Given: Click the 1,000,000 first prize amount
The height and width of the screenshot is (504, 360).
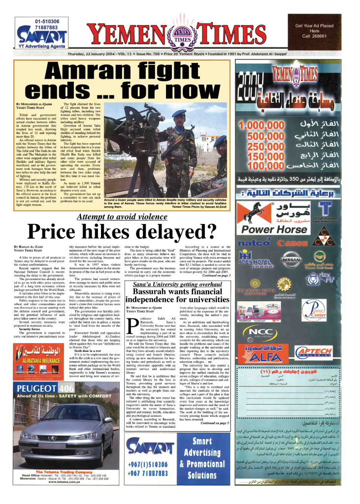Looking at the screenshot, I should tap(261, 127).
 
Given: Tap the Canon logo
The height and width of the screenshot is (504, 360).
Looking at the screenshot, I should tap(293, 243).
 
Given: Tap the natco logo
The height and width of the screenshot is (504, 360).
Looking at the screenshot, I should tap(254, 243).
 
